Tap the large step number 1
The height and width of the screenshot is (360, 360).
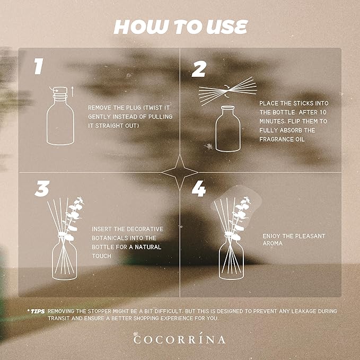[x=38, y=67]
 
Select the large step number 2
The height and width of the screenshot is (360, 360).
[x=199, y=69]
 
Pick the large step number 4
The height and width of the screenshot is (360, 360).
[x=198, y=189]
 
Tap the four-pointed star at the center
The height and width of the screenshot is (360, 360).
[x=180, y=172]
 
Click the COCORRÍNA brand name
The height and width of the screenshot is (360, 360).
[x=180, y=339]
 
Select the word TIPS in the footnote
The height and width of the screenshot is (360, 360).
[x=37, y=311]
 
